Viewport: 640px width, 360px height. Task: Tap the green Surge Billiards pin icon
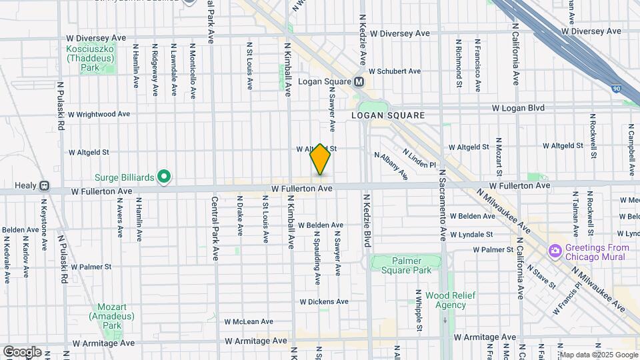click(165, 177)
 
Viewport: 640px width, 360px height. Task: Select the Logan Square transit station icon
click(359, 81)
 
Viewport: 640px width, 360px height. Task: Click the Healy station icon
click(44, 186)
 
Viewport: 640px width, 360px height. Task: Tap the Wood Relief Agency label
click(445, 300)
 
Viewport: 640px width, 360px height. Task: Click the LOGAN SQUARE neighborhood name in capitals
click(388, 115)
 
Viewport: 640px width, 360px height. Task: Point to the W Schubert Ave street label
click(395, 71)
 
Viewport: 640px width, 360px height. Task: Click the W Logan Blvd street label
click(518, 108)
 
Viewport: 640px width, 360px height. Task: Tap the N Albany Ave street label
click(391, 165)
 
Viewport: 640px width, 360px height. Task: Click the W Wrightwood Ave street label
click(99, 114)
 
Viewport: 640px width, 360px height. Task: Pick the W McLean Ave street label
click(248, 321)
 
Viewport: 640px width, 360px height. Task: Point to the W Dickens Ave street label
click(323, 301)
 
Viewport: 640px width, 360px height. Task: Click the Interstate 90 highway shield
click(616, 88)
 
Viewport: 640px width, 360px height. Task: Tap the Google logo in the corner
click(22, 351)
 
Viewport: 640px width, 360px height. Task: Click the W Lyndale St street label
click(471, 235)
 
